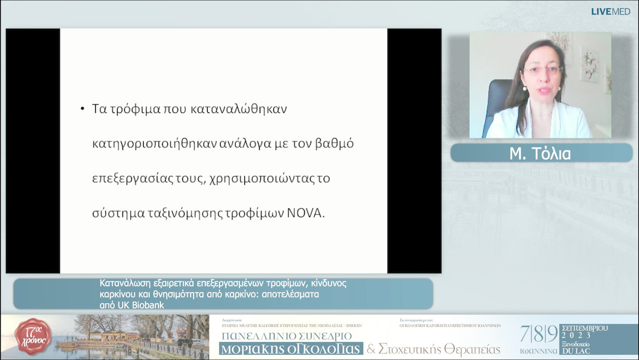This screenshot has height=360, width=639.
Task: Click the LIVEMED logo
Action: (611, 11)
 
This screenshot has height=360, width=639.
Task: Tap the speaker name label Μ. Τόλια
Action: (541, 153)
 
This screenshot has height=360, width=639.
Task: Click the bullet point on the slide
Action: (82, 110)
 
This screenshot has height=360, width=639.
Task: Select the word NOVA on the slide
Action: (306, 214)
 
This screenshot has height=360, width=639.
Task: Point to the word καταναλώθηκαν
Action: (240, 110)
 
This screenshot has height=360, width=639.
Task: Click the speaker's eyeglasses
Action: (541, 70)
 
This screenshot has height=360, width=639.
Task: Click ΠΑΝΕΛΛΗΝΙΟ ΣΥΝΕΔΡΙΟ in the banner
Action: (286, 336)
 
